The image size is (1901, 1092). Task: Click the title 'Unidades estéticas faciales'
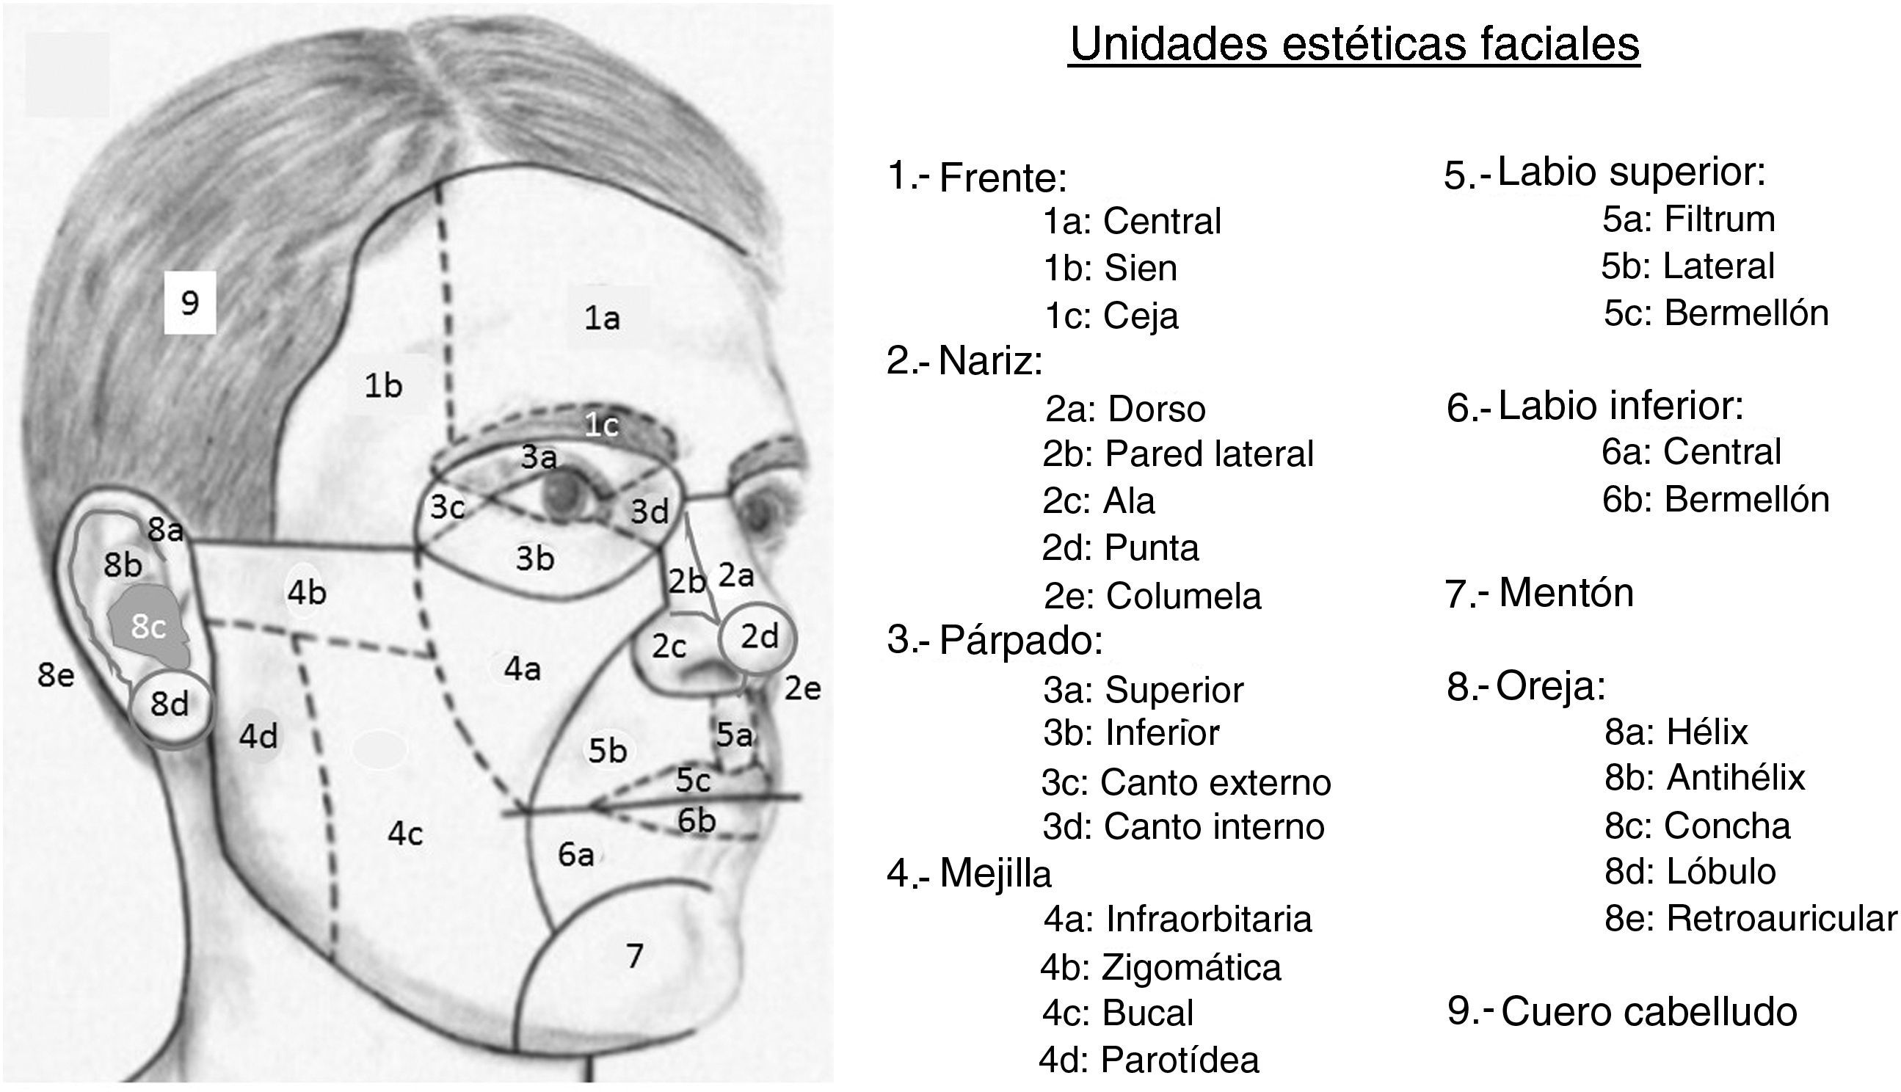(x=1353, y=45)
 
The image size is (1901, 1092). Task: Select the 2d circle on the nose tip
(x=758, y=638)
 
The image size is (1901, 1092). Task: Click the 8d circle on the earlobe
(x=170, y=705)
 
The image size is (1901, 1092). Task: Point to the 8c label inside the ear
(x=148, y=627)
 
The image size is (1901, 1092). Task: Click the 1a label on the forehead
(x=602, y=318)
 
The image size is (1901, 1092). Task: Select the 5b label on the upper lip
(x=607, y=751)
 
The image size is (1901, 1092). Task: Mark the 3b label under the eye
(x=534, y=558)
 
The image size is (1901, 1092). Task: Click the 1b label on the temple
(x=383, y=386)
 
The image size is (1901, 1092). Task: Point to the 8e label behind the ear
(x=57, y=677)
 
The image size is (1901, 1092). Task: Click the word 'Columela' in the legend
(x=1183, y=597)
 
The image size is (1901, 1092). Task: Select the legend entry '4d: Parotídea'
(x=1149, y=1060)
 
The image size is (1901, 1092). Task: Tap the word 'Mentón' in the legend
(x=1566, y=592)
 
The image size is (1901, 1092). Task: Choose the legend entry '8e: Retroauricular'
(x=1751, y=919)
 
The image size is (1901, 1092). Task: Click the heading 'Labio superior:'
(x=1632, y=172)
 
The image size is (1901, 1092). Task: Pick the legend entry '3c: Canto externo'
(x=1185, y=783)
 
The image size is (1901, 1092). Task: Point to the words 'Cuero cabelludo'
(x=1649, y=1012)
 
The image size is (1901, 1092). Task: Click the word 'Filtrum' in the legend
(x=1720, y=219)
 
